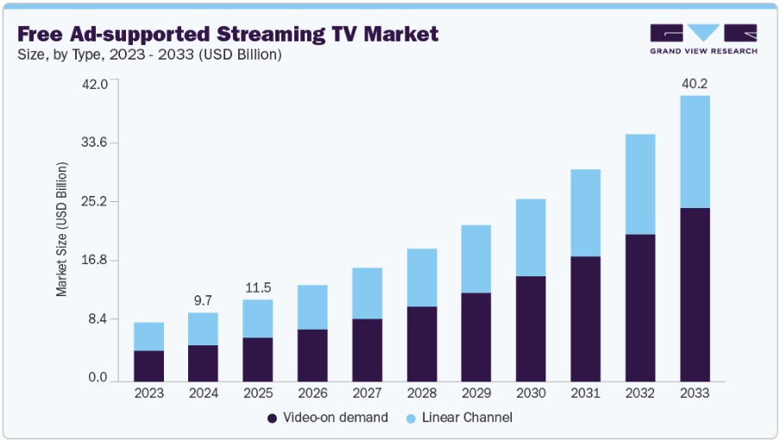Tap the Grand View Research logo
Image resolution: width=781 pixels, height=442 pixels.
[703, 39]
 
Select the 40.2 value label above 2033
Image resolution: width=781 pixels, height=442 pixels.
[695, 84]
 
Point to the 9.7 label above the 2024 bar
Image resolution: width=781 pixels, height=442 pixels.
[203, 300]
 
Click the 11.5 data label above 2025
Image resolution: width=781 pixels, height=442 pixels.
[257, 287]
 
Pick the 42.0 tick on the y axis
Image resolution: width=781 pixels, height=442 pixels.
[94, 84]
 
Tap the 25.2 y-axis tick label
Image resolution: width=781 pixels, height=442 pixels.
[94, 202]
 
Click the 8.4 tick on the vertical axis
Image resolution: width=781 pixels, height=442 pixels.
[98, 319]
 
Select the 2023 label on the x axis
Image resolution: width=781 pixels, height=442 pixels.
[148, 393]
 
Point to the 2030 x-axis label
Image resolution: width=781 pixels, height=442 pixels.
[531, 393]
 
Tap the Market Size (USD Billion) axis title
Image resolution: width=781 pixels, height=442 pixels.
[62, 232]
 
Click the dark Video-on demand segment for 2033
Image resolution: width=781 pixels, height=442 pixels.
[695, 294]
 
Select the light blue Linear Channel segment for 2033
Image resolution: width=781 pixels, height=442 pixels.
[695, 152]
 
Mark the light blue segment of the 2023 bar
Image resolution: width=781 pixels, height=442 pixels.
[148, 337]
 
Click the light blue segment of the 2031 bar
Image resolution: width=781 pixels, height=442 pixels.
[585, 213]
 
